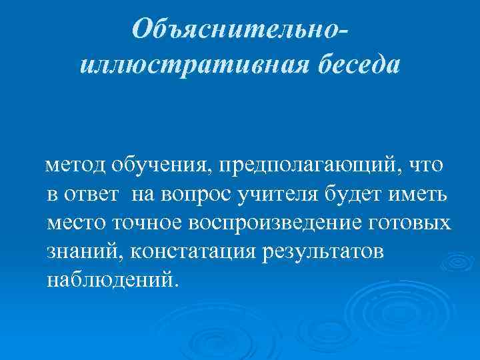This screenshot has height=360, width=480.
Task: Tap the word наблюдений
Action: (111, 279)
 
